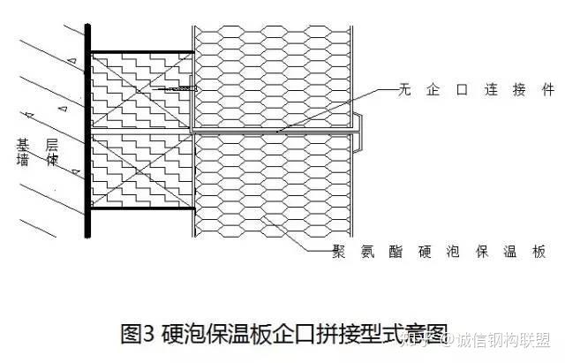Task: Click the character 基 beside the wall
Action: click(x=22, y=142)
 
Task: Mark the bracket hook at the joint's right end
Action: click(x=358, y=140)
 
